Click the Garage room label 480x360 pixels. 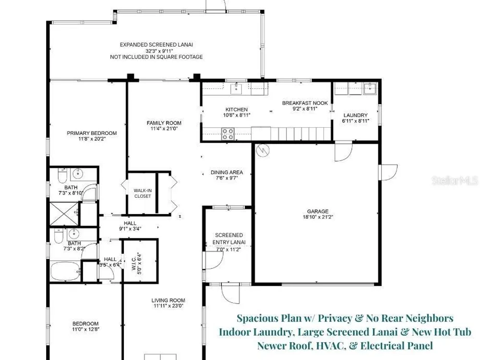318,211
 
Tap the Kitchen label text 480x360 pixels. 237,109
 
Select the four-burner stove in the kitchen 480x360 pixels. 228,134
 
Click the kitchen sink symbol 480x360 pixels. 236,88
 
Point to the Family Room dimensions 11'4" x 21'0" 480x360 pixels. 164,129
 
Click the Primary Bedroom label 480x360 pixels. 92,133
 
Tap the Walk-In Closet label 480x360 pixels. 143,193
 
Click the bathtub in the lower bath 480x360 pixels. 65,271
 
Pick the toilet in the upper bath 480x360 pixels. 62,175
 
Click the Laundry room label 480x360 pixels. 355,115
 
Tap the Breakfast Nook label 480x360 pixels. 305,103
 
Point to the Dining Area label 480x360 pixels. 227,172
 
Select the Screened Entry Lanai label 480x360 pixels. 229,239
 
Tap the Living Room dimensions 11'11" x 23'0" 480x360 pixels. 168,306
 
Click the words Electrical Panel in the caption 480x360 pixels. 397,346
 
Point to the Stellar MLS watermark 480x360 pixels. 455,180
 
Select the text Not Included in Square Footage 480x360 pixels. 156,57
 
